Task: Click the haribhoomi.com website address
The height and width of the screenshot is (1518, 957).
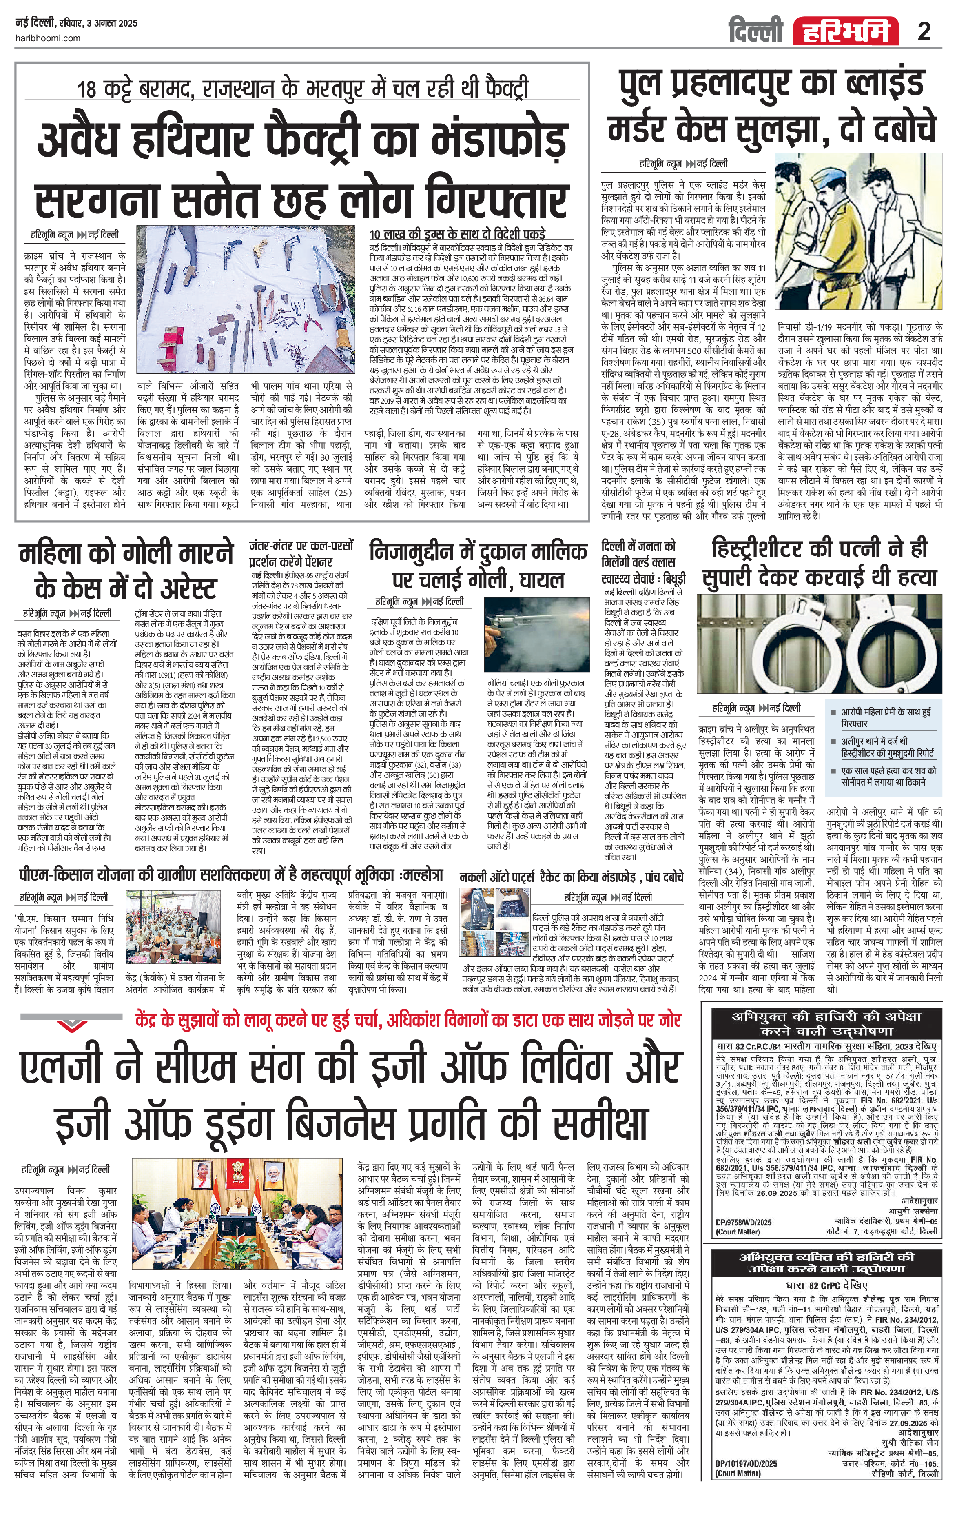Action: click(47, 38)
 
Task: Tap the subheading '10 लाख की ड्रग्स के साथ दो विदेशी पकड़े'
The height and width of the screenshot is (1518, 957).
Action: click(457, 233)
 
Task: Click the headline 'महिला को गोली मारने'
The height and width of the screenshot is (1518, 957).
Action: click(126, 554)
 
